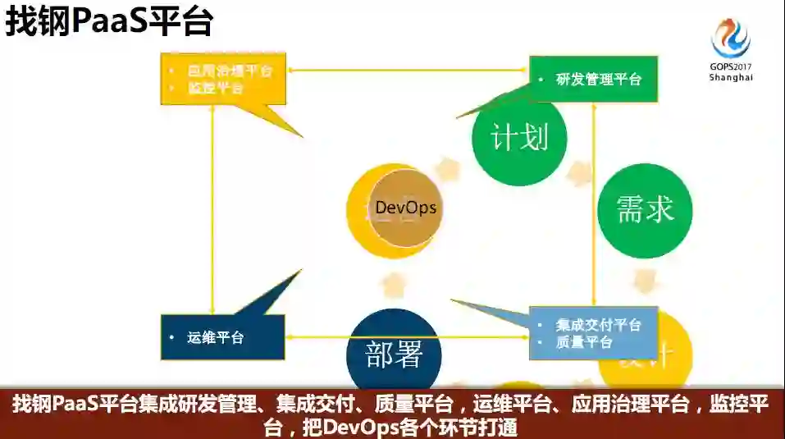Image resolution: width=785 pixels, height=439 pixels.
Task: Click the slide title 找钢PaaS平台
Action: [x=109, y=22]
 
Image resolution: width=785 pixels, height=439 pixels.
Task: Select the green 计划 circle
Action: [x=519, y=138]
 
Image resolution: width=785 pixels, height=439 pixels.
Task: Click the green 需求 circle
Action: [x=645, y=210]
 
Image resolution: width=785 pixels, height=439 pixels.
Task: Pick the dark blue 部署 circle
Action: [x=394, y=354]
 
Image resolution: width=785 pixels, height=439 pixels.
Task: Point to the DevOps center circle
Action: [x=405, y=208]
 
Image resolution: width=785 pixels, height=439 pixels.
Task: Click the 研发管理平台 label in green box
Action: [x=599, y=80]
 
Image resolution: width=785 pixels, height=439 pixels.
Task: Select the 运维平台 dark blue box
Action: [x=223, y=337]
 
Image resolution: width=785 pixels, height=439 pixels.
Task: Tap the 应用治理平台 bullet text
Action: [x=230, y=71]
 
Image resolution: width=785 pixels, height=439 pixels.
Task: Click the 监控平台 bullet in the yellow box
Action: [x=216, y=88]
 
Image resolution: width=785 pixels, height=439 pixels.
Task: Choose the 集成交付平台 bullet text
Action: [x=598, y=325]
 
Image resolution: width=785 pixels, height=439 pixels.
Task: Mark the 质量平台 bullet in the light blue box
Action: [x=584, y=341]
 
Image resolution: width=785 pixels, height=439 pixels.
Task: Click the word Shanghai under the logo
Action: [x=730, y=77]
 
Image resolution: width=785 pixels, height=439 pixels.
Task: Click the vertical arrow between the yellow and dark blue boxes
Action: [x=212, y=209]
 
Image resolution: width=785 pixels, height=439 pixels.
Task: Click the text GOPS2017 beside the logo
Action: [x=730, y=66]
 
